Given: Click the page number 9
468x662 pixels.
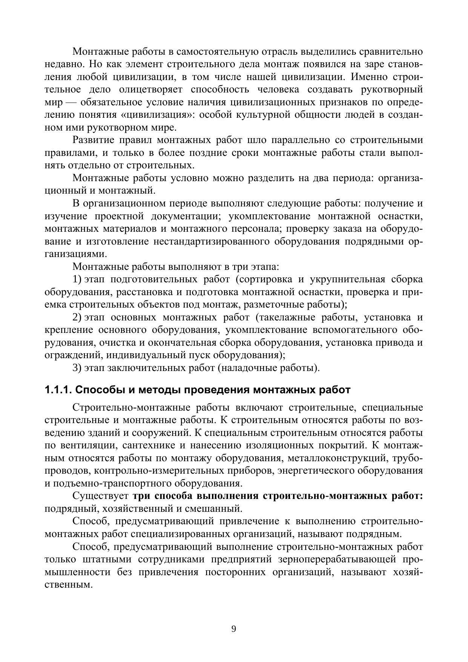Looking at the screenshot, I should click(233, 629).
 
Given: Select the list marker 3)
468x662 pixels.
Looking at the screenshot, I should click(77, 368).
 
